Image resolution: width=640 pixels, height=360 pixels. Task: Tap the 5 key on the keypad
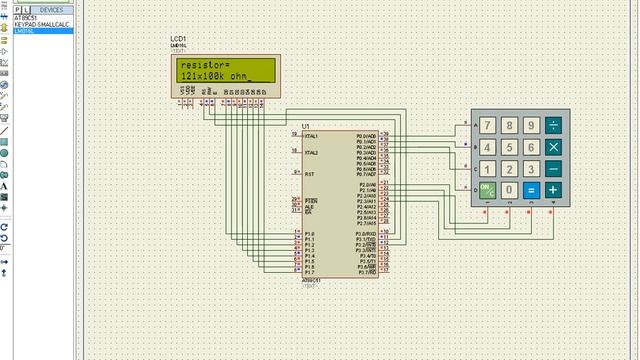tap(509, 147)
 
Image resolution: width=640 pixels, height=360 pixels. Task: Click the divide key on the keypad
tap(553, 125)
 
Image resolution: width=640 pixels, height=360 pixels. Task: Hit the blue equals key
tap(531, 189)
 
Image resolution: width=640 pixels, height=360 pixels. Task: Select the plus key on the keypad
tap(553, 189)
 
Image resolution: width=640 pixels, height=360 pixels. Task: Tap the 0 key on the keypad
tap(509, 189)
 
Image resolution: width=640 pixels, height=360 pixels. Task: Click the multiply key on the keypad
tap(553, 147)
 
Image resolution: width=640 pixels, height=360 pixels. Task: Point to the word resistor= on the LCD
tap(203, 66)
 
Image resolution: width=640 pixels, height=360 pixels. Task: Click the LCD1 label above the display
tap(180, 38)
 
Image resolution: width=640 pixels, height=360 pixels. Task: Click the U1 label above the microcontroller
tap(306, 126)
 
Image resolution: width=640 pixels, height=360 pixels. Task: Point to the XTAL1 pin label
tap(312, 136)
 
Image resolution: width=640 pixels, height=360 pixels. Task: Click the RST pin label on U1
tap(309, 173)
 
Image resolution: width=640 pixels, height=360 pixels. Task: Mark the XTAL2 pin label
tap(312, 153)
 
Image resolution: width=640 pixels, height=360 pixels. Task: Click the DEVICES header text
tap(50, 9)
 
